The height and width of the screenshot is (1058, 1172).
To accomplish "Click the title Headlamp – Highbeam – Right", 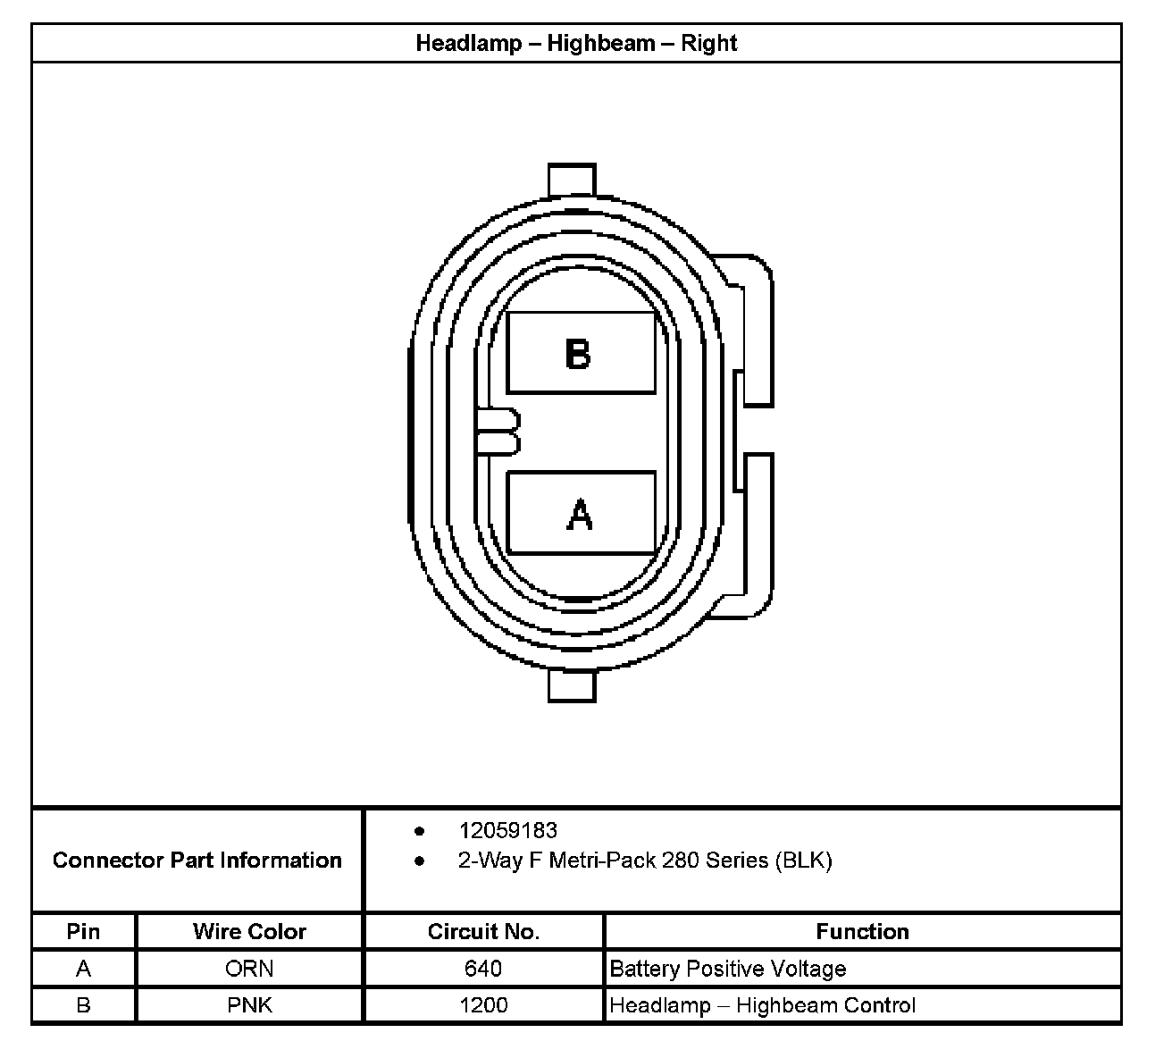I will pyautogui.click(x=576, y=43).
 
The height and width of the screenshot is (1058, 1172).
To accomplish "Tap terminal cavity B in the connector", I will pyautogui.click(x=581, y=353).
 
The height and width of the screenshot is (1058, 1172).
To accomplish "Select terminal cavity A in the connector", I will pyautogui.click(x=581, y=514).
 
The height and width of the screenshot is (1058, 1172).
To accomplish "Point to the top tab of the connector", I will pyautogui.click(x=572, y=179).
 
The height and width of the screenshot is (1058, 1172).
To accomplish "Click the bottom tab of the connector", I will pyautogui.click(x=572, y=686).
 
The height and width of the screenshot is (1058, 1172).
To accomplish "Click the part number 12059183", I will pyautogui.click(x=507, y=830).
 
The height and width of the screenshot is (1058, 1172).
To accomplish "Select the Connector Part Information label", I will pyautogui.click(x=197, y=860).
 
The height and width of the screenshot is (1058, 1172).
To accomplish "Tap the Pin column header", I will pyautogui.click(x=83, y=931).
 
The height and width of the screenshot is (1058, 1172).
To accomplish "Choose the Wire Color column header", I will pyautogui.click(x=249, y=931).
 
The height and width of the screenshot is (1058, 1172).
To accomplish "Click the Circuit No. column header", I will pyautogui.click(x=483, y=931).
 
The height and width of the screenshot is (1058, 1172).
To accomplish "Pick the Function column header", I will pyautogui.click(x=862, y=931).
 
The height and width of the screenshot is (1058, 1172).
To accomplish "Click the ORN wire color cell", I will pyautogui.click(x=249, y=969).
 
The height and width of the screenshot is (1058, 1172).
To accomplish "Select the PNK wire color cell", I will pyautogui.click(x=249, y=1005).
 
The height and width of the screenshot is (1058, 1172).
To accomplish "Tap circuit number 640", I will pyautogui.click(x=483, y=969).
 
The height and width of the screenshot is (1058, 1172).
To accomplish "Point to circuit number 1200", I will pyautogui.click(x=483, y=1005).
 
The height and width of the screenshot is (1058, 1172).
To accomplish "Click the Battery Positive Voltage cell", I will pyautogui.click(x=727, y=969).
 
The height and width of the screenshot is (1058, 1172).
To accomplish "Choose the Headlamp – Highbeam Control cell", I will pyautogui.click(x=762, y=1005).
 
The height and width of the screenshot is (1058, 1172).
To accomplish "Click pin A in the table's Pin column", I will pyautogui.click(x=83, y=969).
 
